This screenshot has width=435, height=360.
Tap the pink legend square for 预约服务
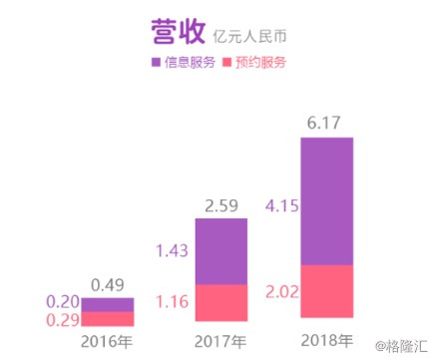[x=228, y=63]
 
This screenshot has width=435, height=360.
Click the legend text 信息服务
[x=188, y=63]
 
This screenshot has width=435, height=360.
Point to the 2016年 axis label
[x=106, y=342]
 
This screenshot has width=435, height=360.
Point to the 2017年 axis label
[x=219, y=342]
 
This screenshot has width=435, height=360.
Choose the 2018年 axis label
[x=326, y=342]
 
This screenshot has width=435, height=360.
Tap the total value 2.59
[x=220, y=206]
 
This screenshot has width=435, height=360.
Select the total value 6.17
[x=327, y=125]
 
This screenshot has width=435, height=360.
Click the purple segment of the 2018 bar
[x=326, y=200]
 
